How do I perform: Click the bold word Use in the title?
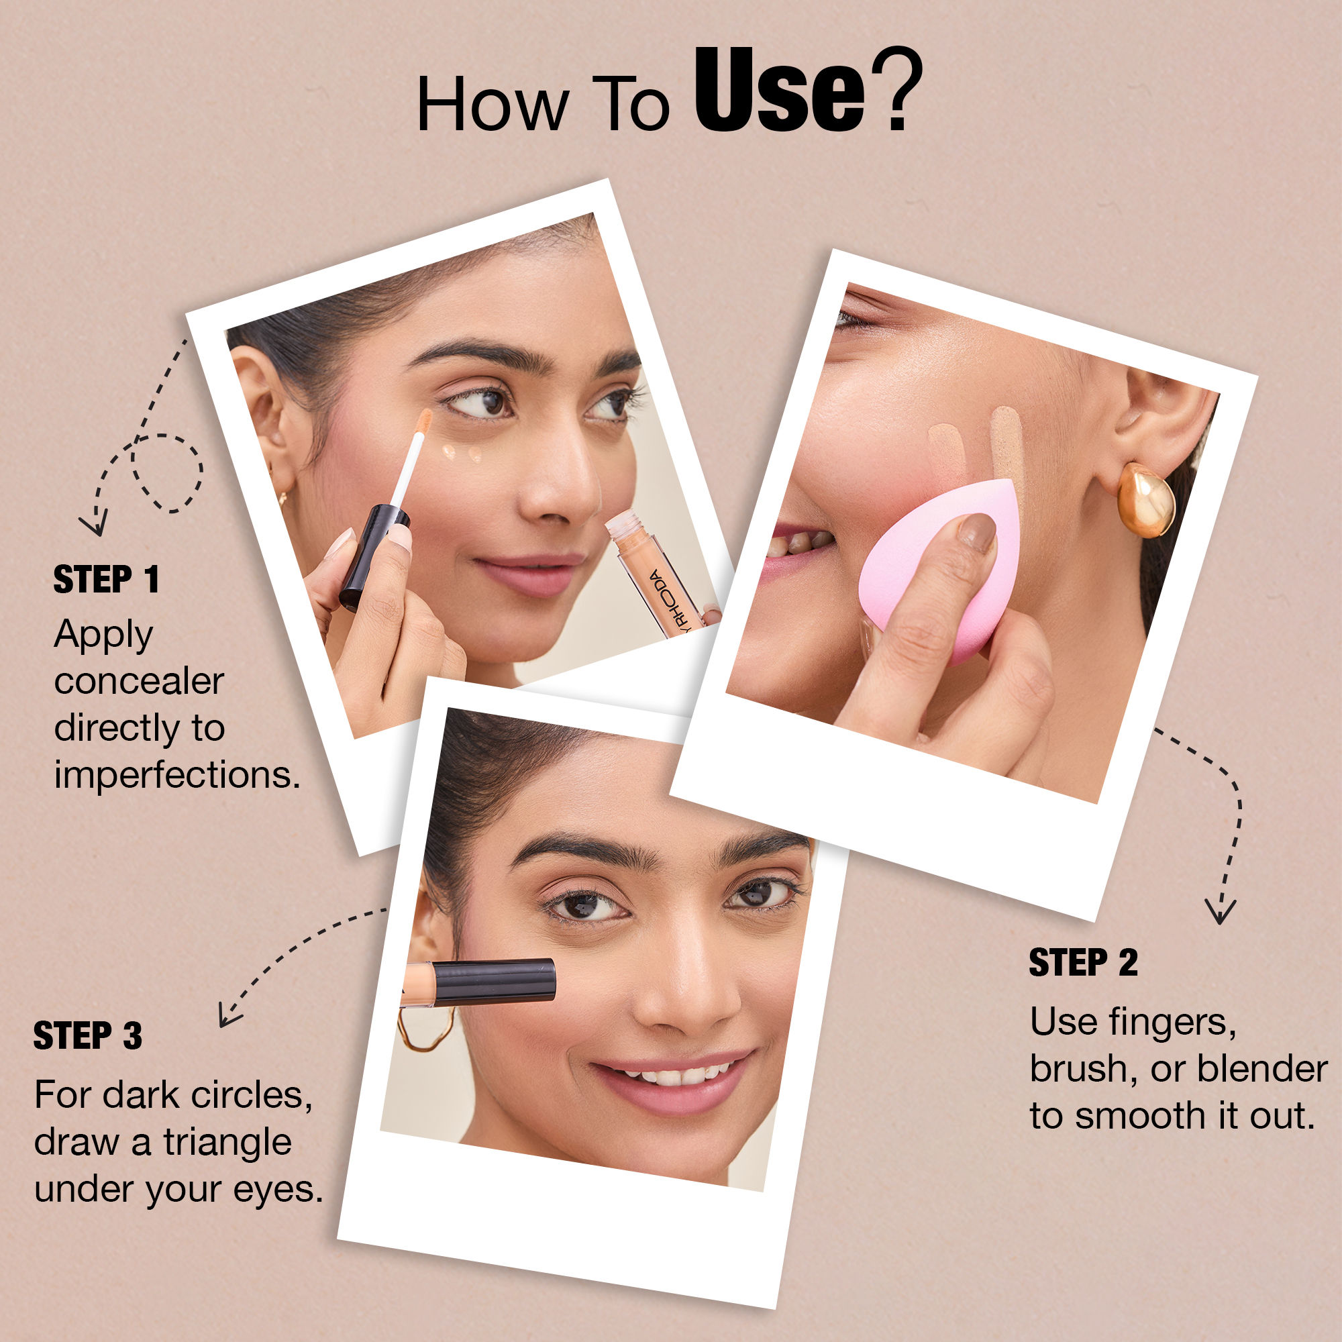coord(779,90)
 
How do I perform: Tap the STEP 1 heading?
coord(106,579)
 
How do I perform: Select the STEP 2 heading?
coord(1084,963)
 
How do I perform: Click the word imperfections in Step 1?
coord(177,775)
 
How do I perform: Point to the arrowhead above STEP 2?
coord(1221,911)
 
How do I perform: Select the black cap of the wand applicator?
coord(374,556)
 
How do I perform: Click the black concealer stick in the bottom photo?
coord(479,982)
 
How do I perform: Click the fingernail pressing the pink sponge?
coord(978,532)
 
